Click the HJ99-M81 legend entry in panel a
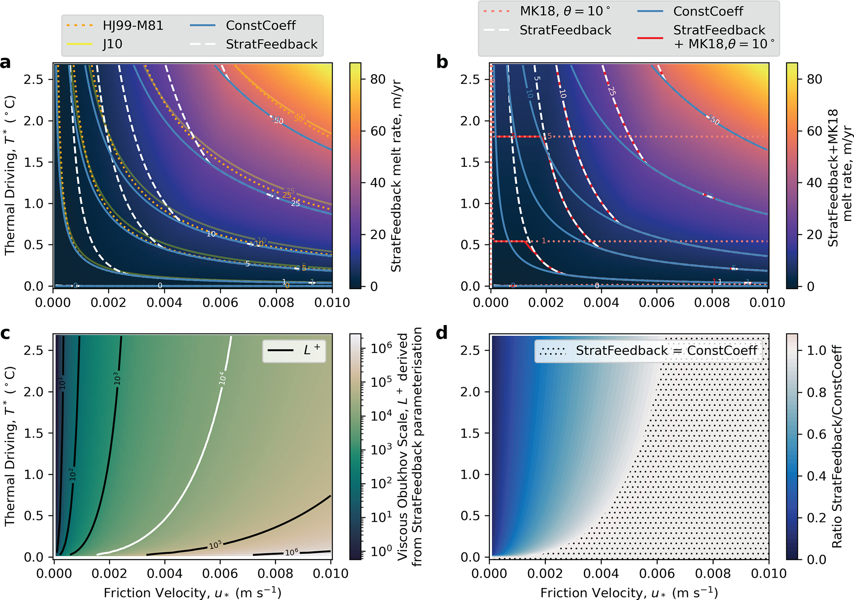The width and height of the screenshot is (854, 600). click(133, 26)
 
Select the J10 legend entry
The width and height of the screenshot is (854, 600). click(112, 44)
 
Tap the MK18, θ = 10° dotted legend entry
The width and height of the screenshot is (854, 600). click(564, 11)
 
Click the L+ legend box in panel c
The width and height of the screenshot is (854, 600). click(294, 351)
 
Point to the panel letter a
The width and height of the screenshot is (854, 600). click(6, 63)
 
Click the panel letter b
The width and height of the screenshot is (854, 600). click(442, 63)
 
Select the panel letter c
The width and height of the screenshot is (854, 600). click(5, 333)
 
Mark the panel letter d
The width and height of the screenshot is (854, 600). click(442, 333)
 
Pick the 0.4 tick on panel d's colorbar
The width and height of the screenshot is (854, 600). click(816, 476)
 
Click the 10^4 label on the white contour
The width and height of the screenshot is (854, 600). click(222, 378)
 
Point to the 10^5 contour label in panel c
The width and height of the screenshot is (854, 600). click(215, 545)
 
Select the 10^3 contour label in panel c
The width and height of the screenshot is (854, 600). click(117, 378)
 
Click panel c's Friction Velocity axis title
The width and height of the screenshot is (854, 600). click(193, 593)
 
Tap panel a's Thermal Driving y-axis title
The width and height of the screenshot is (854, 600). click(10, 175)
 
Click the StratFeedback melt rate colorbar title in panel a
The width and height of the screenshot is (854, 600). click(396, 175)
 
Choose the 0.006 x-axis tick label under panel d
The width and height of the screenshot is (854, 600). click(657, 574)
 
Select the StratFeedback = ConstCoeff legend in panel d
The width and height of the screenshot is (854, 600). click(649, 351)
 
